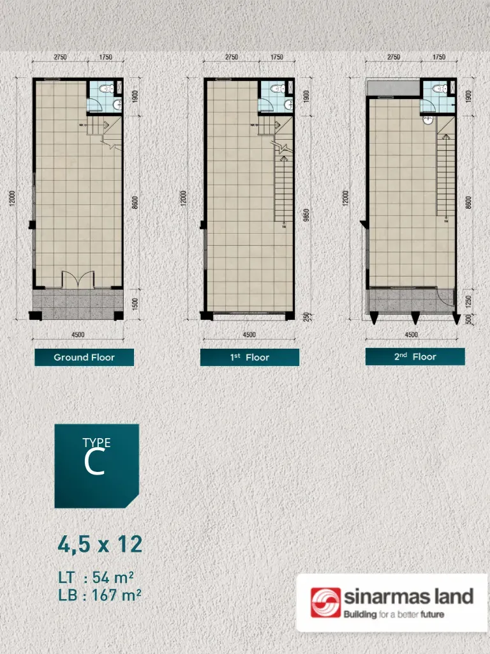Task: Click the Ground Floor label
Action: pos(84,357)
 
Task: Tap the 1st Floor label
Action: pos(249,357)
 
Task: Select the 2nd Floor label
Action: pos(415,357)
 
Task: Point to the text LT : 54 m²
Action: pos(96,578)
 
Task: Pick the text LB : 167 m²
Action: pos(99,596)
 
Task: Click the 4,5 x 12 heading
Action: pos(100,545)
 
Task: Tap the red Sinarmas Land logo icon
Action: pos(325,603)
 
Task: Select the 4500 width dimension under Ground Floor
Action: pos(78,335)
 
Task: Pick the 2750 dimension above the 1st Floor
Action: pos(232,57)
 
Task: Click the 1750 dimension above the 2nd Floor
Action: pos(439,57)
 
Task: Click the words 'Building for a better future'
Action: pos(394,615)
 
